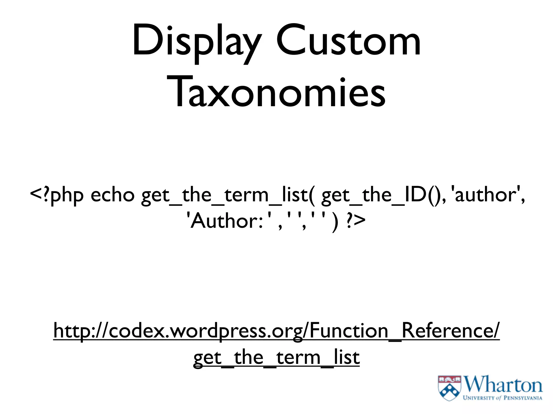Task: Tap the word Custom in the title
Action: click(348, 40)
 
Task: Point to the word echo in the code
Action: click(112, 195)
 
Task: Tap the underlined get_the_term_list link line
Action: click(276, 358)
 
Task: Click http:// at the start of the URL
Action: click(81, 331)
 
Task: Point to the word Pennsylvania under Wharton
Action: click(523, 398)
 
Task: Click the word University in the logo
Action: click(479, 398)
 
